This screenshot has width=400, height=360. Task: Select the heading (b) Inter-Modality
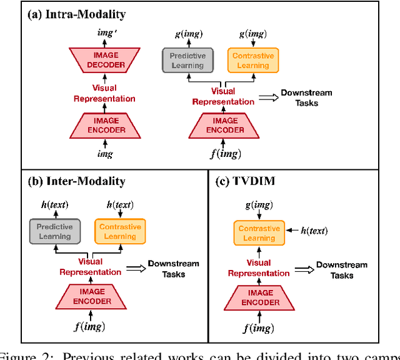tap(76, 181)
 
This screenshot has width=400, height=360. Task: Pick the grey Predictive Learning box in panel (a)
tap(187, 61)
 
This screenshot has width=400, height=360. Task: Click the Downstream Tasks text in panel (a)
tap(306, 97)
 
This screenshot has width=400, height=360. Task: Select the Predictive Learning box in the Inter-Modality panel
tap(55, 232)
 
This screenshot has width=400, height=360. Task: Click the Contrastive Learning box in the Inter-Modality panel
tap(119, 232)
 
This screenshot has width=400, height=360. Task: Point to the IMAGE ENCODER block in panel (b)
tap(91, 296)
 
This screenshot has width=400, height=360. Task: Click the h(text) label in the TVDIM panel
tap(314, 231)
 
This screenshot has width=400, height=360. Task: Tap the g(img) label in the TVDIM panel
tap(259, 204)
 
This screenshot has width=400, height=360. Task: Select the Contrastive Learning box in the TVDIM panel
tap(259, 233)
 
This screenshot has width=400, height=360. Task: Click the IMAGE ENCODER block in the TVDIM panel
tap(259, 297)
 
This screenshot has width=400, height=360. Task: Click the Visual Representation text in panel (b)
tap(91, 267)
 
